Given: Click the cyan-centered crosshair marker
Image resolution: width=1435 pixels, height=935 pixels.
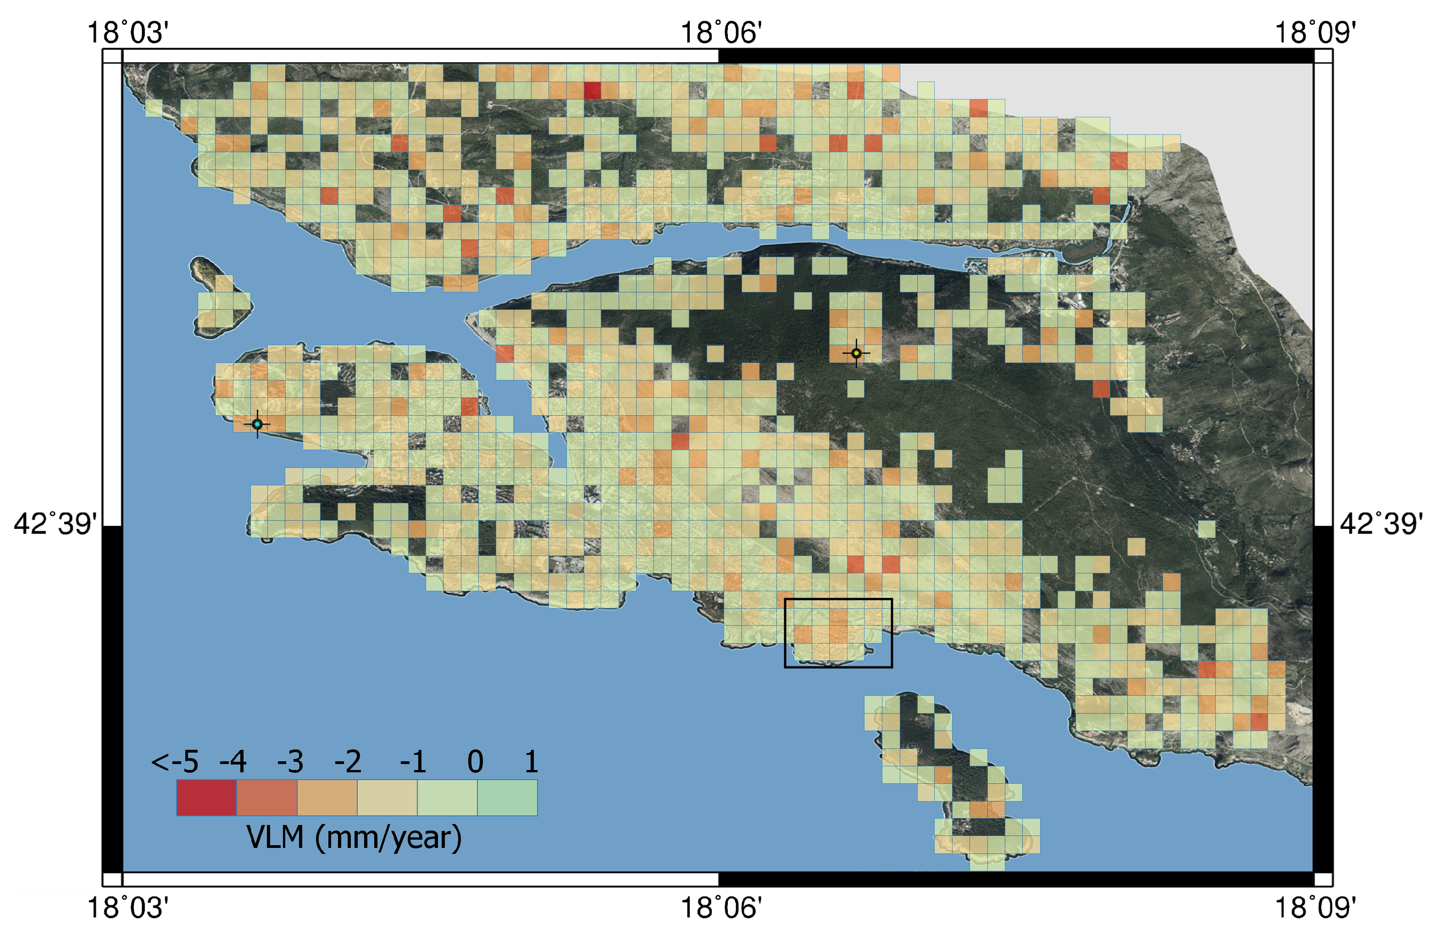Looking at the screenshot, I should (257, 424).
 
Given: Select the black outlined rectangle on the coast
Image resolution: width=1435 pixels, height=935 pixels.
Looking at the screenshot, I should (838, 633).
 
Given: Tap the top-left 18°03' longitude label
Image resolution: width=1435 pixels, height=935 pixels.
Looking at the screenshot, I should (128, 33).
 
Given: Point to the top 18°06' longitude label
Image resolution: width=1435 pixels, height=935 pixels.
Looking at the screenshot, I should (721, 33).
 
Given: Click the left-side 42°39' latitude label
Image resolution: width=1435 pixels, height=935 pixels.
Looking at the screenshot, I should (55, 524).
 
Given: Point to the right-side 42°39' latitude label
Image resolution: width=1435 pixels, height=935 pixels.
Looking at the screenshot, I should (1381, 524).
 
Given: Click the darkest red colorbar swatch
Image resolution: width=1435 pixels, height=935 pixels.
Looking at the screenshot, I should (206, 797).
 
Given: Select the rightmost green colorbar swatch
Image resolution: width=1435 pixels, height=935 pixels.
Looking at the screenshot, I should (507, 797).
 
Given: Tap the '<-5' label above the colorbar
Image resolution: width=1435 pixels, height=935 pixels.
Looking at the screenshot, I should (174, 762).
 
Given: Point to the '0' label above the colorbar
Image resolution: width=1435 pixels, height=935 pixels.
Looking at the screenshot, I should (475, 762).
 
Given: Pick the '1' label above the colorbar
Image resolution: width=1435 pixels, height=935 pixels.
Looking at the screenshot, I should (531, 762).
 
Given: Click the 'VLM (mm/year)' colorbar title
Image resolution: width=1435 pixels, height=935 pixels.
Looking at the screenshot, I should (354, 837).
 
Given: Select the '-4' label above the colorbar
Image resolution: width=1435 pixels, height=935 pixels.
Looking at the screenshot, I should (233, 762).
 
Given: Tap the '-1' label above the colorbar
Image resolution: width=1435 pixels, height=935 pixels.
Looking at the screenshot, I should (413, 762).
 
